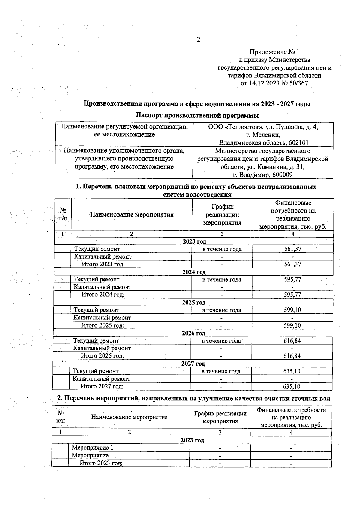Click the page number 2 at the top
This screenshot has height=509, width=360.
click(198, 40)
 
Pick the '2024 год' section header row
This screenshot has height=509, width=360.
click(194, 272)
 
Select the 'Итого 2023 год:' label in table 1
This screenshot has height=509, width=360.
click(103, 264)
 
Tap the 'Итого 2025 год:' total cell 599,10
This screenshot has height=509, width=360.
click(292, 325)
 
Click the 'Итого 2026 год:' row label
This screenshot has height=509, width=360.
click(102, 356)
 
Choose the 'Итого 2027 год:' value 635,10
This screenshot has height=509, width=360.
click(292, 387)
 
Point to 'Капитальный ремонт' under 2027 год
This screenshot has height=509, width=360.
click(101, 379)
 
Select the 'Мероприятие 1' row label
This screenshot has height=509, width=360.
click(92, 448)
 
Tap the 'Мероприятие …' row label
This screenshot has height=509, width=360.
click(94, 456)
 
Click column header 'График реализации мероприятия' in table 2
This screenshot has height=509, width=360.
click(220, 417)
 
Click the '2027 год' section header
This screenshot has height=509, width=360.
click(193, 364)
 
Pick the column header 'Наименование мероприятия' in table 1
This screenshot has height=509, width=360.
click(132, 214)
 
